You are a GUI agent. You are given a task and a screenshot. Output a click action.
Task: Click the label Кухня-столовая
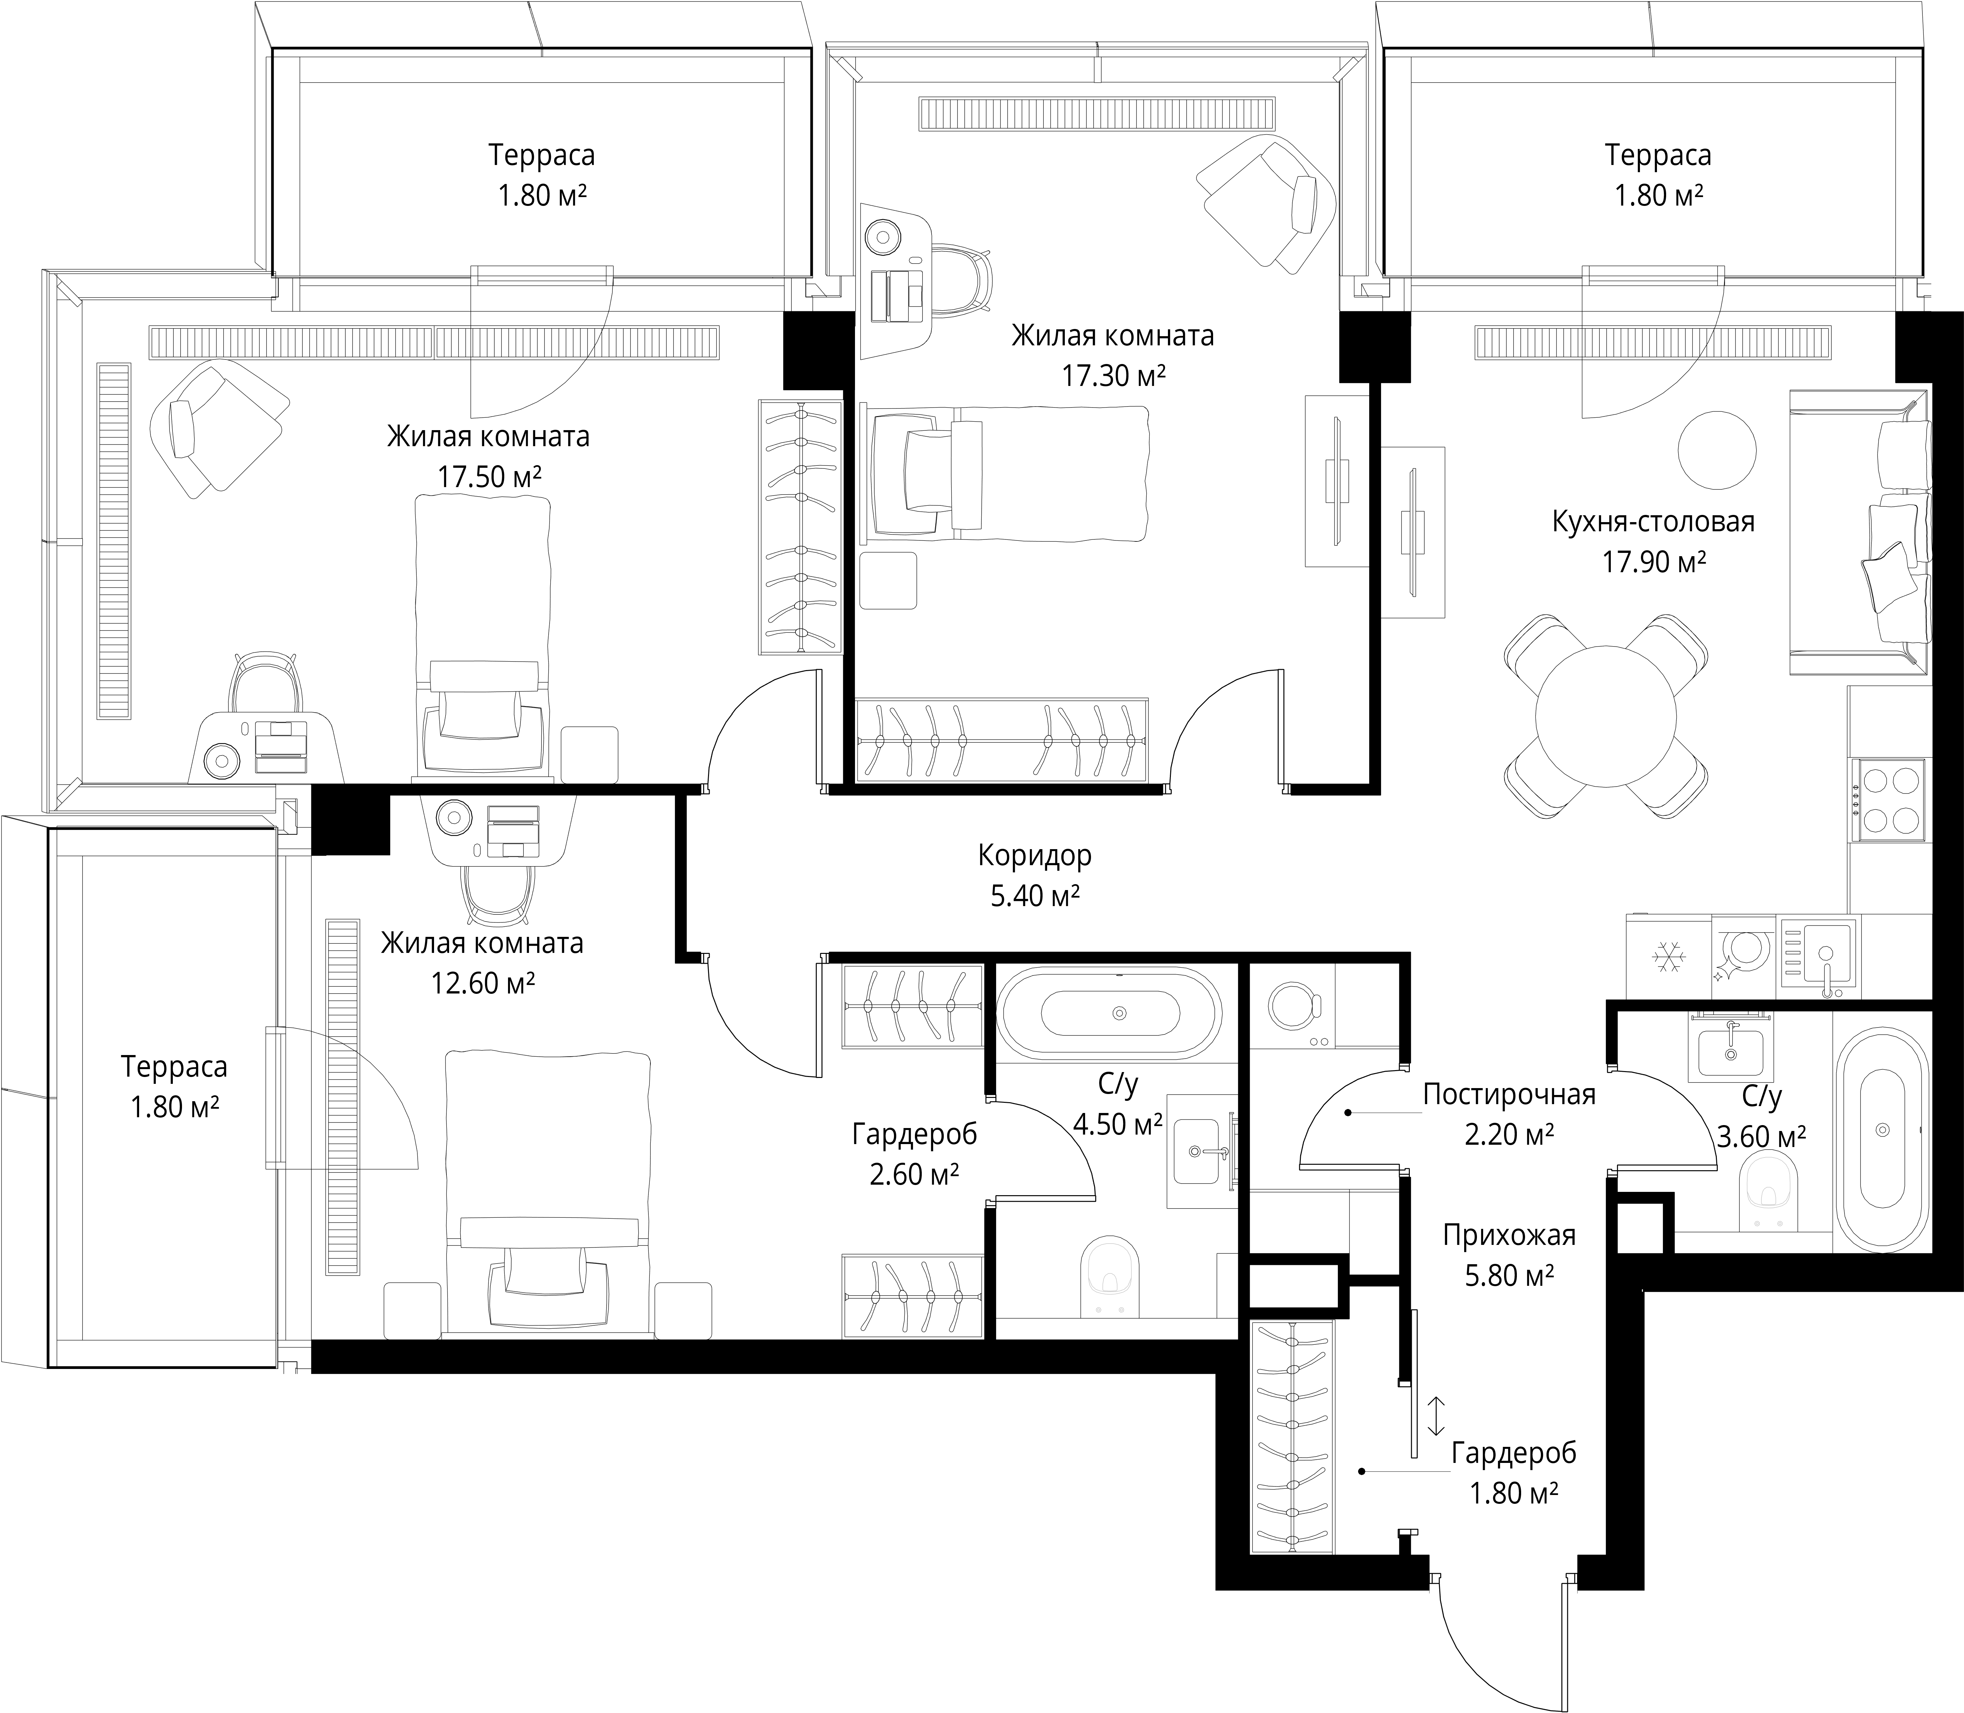(x=1653, y=522)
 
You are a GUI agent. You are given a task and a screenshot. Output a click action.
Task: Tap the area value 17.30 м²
(x=1113, y=376)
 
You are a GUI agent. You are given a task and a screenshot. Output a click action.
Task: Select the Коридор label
(x=1034, y=856)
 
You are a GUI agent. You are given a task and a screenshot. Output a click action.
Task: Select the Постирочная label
(x=1509, y=1094)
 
